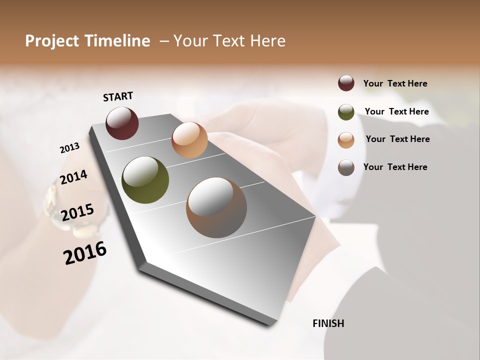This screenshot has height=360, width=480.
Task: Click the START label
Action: pos(118,96)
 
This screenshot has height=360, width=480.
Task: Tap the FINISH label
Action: pos(328,323)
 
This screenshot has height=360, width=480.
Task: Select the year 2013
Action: pos(69,148)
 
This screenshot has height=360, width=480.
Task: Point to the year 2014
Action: pos(73,177)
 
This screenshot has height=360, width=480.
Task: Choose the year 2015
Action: pos(77,212)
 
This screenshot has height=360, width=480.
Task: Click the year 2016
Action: pos(85,253)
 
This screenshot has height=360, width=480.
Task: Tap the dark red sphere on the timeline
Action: pos(122,123)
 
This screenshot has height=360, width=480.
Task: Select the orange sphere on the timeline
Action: pos(189,140)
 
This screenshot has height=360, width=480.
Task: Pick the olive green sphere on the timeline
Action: pos(145,180)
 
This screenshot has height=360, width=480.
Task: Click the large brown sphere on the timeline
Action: pos(216,207)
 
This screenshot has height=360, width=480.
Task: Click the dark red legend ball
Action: pos(346,83)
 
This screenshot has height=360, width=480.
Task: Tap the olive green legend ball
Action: pos(346,112)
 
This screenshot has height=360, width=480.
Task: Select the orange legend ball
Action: pos(346,140)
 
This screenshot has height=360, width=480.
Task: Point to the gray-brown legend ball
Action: pos(346,167)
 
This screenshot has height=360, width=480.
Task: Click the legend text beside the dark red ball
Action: pos(395,83)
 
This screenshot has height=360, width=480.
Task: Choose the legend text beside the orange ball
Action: pos(397,139)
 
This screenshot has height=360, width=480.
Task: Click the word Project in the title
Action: pos(52,41)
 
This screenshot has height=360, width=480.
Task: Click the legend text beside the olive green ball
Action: pos(396,111)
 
